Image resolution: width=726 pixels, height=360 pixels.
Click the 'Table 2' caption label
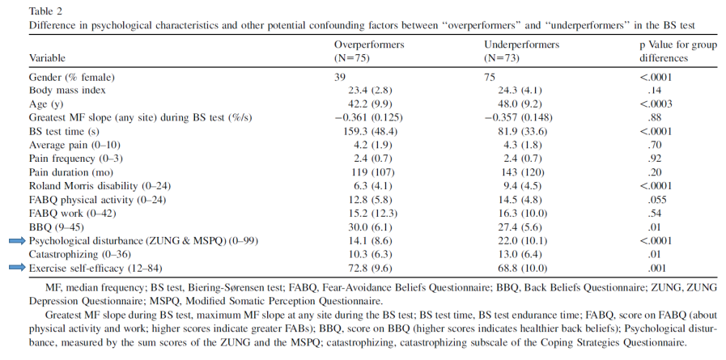click(45, 11)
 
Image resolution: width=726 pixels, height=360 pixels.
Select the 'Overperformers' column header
click(369, 44)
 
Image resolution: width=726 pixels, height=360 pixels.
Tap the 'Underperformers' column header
click(522, 44)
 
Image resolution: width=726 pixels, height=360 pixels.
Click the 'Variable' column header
click(47, 58)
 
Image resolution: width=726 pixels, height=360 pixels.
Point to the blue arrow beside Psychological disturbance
click(17, 240)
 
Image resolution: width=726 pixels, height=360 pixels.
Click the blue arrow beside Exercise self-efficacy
click(17, 268)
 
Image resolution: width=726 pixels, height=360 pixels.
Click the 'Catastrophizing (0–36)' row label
click(80, 255)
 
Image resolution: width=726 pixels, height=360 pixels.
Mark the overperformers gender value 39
click(340, 78)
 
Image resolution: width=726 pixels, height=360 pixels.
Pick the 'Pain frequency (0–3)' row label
click(76, 159)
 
